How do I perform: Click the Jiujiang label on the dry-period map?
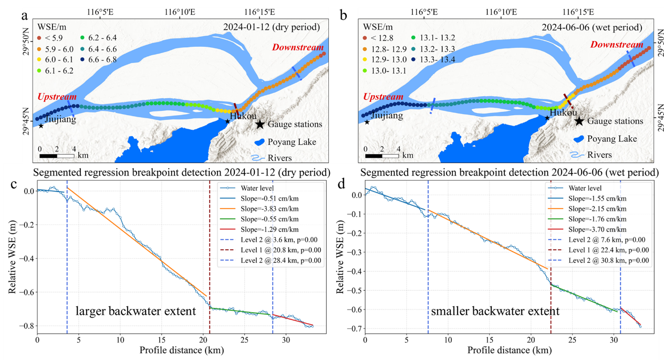(60, 119)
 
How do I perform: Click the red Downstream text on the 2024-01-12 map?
(298, 48)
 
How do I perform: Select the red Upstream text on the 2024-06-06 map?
(382, 97)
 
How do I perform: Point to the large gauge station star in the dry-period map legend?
(260, 124)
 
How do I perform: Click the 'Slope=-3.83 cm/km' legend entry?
(270, 209)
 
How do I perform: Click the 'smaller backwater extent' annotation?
(495, 311)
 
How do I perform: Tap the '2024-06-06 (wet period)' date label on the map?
(608, 26)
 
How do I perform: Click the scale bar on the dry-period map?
(57, 156)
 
